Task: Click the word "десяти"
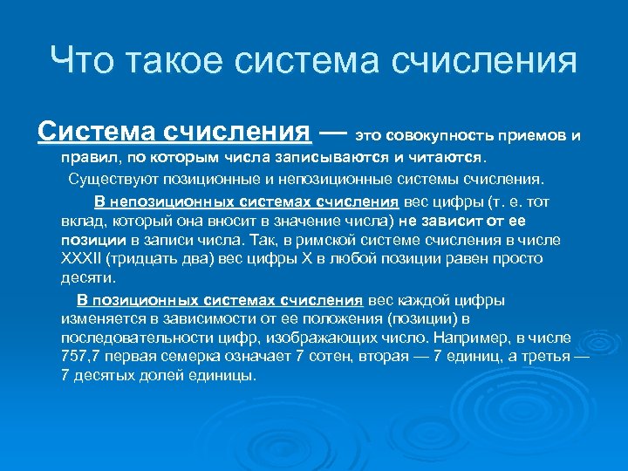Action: [87, 278]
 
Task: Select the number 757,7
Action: [82, 357]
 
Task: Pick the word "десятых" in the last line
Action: [108, 376]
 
